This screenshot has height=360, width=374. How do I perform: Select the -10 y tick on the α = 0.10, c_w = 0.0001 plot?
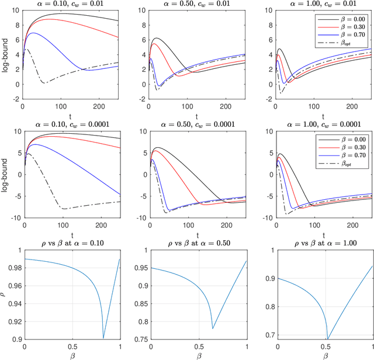click(x=14, y=219)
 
